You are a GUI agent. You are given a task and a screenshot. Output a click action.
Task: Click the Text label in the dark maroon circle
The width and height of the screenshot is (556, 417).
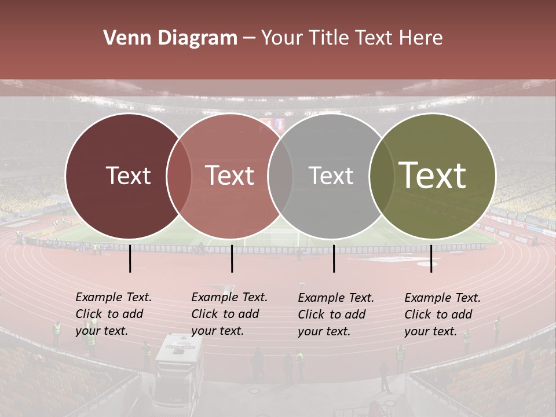pos(128,175)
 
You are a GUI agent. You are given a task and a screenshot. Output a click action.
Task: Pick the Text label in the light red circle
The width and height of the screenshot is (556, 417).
pos(229,175)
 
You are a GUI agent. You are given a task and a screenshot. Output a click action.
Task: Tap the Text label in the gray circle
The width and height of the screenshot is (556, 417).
pos(331,175)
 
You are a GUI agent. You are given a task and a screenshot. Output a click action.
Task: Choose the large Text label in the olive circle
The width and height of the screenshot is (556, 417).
pos(432,175)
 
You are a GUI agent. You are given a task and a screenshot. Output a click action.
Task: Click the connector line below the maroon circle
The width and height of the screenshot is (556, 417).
pos(130,258)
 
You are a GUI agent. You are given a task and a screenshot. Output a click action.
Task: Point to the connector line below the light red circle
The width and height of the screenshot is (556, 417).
pos(232,258)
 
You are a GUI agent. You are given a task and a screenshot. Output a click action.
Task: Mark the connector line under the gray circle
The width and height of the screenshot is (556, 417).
pos(334,258)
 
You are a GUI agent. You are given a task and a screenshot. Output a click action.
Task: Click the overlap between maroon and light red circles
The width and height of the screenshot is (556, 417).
pos(179,175)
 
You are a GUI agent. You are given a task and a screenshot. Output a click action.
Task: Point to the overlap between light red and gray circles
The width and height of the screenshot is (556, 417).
pos(280,175)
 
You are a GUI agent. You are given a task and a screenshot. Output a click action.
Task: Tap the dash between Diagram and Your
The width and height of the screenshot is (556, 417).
pos(249,39)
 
